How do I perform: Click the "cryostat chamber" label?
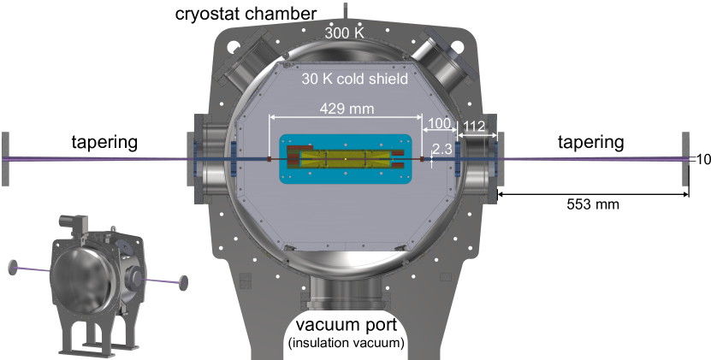coord(246,14)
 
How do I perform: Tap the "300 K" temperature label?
coord(344,32)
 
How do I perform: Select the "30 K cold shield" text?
coord(354,79)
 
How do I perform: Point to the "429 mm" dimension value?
coord(347,109)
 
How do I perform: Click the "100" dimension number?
coord(439,123)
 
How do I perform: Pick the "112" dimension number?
coord(474,126)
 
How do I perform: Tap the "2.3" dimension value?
coord(441,149)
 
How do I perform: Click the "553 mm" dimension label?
coord(593,204)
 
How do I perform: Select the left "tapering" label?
coord(104,142)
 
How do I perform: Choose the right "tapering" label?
coord(590,142)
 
